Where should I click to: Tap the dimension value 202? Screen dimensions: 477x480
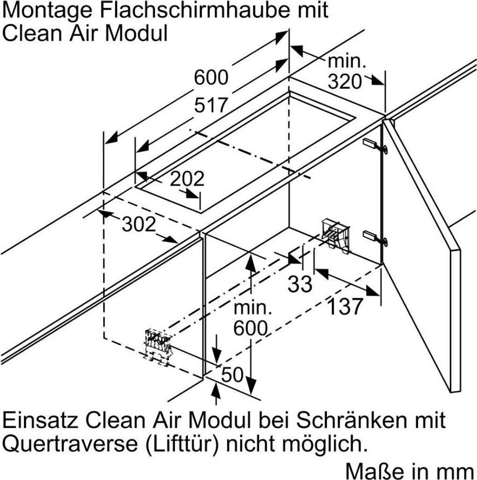tap(187, 179)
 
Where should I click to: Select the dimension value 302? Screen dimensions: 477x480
tap(139, 225)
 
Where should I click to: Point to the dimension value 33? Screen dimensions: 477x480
tap(299, 284)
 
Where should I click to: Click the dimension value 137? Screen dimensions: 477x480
tap(344, 307)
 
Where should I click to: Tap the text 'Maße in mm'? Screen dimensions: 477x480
tap(409, 469)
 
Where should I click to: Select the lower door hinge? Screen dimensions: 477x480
tap(375, 237)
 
